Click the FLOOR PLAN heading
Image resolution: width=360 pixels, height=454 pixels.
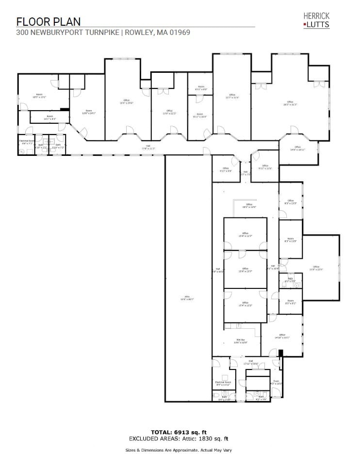[48, 21]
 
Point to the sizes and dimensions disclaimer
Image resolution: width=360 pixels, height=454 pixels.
[180, 450]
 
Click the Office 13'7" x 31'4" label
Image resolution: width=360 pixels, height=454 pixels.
[232, 96]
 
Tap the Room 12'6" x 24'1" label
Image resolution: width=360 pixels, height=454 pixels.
[89, 112]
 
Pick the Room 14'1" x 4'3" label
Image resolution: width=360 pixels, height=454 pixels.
[50, 117]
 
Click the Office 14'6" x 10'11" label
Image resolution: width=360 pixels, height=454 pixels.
[297, 149]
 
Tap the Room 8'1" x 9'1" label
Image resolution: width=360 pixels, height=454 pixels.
[290, 302]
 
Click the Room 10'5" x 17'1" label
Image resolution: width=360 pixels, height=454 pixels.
[39, 96]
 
